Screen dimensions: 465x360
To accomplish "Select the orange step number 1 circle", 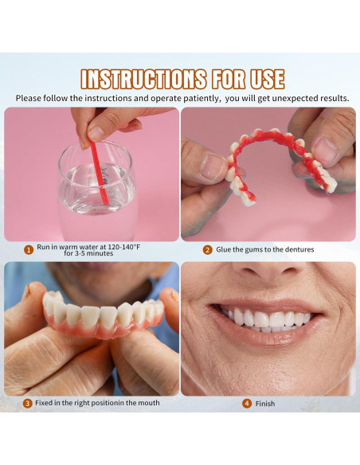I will [29, 249].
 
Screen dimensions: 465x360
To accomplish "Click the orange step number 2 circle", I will [207, 249].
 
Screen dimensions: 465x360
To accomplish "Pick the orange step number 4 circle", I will [247, 404].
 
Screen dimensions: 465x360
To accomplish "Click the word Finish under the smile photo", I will [265, 404].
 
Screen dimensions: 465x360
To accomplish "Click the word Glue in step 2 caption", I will [225, 249].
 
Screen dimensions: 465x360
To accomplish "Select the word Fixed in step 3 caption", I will [46, 403].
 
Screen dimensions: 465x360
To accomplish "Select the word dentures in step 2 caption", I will [296, 249].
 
